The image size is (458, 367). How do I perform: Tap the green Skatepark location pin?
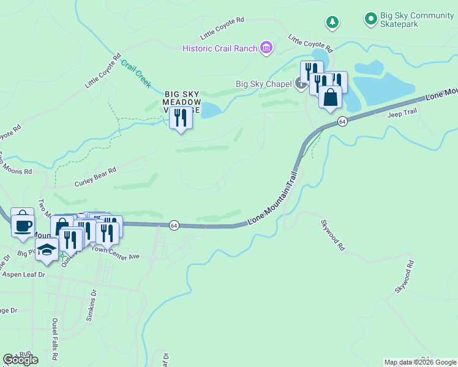[x=370, y=20]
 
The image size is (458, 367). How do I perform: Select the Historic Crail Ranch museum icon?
[x=266, y=47]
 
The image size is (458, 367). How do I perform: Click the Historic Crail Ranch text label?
[x=220, y=48]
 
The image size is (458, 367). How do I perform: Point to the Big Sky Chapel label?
[x=264, y=84]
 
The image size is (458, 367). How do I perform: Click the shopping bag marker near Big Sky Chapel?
[x=330, y=98]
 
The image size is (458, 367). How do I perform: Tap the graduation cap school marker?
[x=47, y=250]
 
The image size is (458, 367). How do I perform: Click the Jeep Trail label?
[x=402, y=111]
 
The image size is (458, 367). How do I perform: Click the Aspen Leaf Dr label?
[x=24, y=275]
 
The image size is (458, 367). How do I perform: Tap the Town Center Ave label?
[x=120, y=253]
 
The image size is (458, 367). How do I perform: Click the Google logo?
[x=20, y=360]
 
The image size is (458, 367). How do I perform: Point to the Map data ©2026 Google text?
[x=420, y=362]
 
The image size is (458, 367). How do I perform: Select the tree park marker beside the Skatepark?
[x=332, y=22]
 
